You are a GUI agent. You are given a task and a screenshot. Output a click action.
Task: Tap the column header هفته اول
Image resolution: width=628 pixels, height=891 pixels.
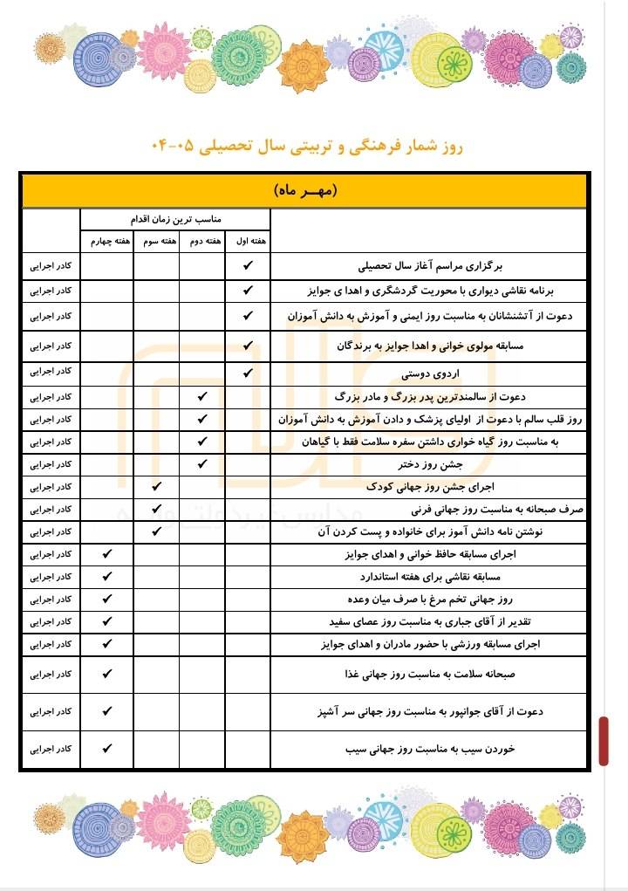click(248, 240)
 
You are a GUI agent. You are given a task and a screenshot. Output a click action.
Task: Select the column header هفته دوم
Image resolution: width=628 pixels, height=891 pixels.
click(202, 240)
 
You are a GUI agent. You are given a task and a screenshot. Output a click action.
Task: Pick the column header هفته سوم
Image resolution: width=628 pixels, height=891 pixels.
click(157, 240)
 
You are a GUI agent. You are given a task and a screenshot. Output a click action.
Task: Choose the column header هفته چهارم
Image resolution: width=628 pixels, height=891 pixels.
click(107, 240)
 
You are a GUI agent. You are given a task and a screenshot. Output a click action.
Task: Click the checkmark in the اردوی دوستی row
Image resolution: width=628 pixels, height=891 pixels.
click(248, 374)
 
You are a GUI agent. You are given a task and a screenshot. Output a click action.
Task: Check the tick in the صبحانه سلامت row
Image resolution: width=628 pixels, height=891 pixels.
click(107, 674)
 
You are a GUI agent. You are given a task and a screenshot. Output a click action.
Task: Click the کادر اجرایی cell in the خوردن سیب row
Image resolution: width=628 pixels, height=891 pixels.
click(51, 749)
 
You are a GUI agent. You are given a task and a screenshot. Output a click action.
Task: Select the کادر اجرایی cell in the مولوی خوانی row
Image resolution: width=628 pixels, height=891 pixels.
click(51, 346)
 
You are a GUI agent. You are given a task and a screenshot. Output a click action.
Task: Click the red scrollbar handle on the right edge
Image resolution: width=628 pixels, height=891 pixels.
click(604, 741)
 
